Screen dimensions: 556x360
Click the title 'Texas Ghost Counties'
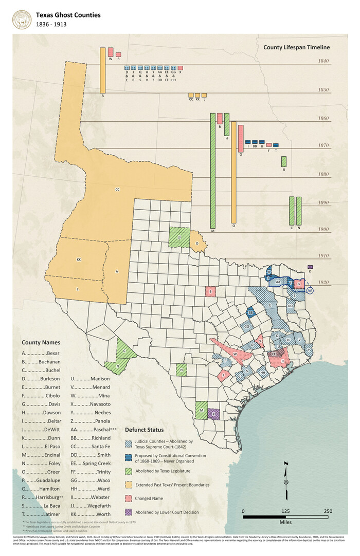click(68, 15)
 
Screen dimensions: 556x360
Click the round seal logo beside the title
click(21, 20)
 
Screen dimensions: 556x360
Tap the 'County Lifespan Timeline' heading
click(296, 48)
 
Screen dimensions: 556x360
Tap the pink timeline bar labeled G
click(241, 138)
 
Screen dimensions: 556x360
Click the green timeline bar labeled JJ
click(284, 161)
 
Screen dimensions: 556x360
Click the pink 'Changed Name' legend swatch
click(129, 498)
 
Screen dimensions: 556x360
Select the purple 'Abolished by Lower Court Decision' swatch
click(129, 512)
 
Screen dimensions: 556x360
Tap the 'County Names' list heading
click(41, 342)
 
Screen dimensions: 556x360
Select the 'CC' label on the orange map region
click(117, 190)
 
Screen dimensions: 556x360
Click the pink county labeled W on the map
click(235, 354)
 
